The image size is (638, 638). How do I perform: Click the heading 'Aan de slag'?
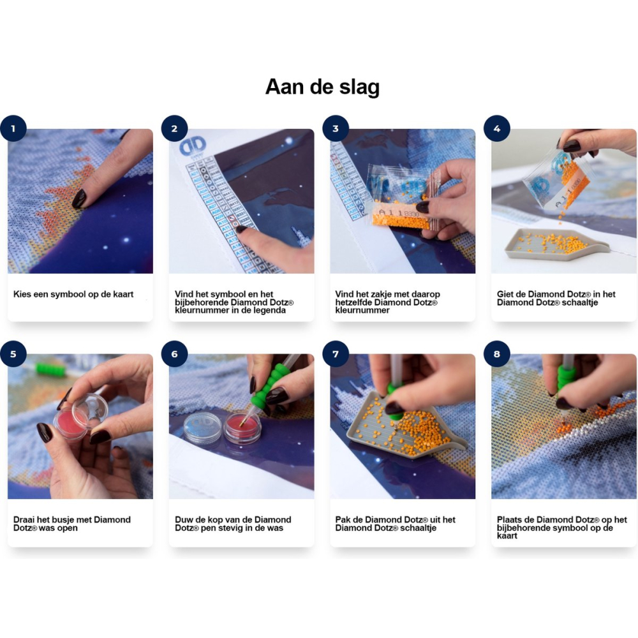tap(322, 87)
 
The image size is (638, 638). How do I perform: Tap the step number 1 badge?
tap(13, 129)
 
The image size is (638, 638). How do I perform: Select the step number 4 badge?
tap(497, 129)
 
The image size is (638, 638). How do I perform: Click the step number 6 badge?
tap(175, 354)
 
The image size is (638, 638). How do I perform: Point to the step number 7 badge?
tap(336, 354)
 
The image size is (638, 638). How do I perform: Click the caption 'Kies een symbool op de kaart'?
tap(73, 294)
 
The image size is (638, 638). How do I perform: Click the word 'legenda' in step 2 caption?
tap(270, 310)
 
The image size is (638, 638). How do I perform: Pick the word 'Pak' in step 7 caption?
tap(343, 519)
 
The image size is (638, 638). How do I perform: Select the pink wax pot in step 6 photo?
tap(242, 428)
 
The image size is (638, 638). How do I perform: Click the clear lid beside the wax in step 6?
tap(204, 426)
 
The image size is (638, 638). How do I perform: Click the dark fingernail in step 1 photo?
tap(79, 198)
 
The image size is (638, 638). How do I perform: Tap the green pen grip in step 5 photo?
tap(50, 370)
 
